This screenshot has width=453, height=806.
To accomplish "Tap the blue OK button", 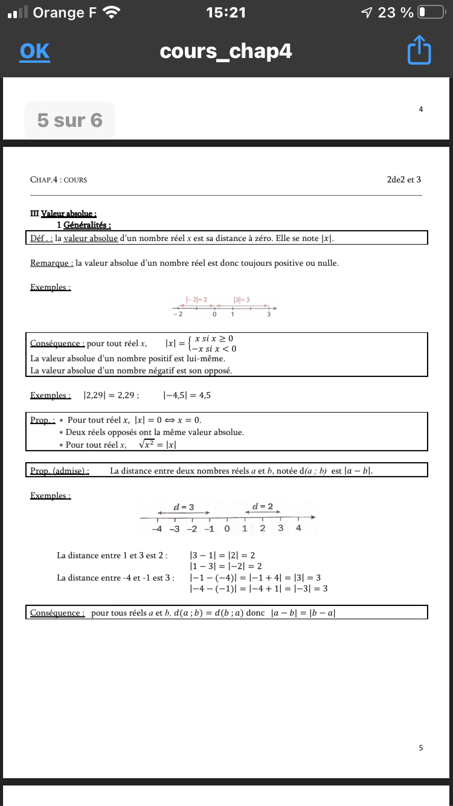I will [x=34, y=51].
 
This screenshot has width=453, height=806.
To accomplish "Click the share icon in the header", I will [x=419, y=51].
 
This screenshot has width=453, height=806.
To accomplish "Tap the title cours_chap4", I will [x=226, y=51].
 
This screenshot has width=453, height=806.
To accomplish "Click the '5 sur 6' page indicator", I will [x=69, y=120].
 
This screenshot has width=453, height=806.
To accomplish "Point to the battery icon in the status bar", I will [x=430, y=12].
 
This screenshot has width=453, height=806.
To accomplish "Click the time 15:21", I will [x=226, y=12].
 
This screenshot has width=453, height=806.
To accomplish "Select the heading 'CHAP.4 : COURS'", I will [x=59, y=179].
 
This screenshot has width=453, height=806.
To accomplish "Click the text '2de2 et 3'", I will [x=404, y=179].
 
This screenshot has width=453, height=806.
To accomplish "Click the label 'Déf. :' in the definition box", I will [x=41, y=239].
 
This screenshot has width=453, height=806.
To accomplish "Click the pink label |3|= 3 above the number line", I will [x=242, y=299].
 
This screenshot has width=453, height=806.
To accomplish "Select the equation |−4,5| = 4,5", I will [x=187, y=396].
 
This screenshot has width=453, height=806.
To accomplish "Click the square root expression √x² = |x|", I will [x=157, y=445].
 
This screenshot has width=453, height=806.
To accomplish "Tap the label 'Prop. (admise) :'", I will [x=60, y=471].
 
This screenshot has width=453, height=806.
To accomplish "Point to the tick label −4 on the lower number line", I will [x=156, y=529].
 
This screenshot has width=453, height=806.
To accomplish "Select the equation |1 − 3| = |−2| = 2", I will [x=225, y=566].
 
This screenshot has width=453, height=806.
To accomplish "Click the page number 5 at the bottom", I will [x=421, y=748].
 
